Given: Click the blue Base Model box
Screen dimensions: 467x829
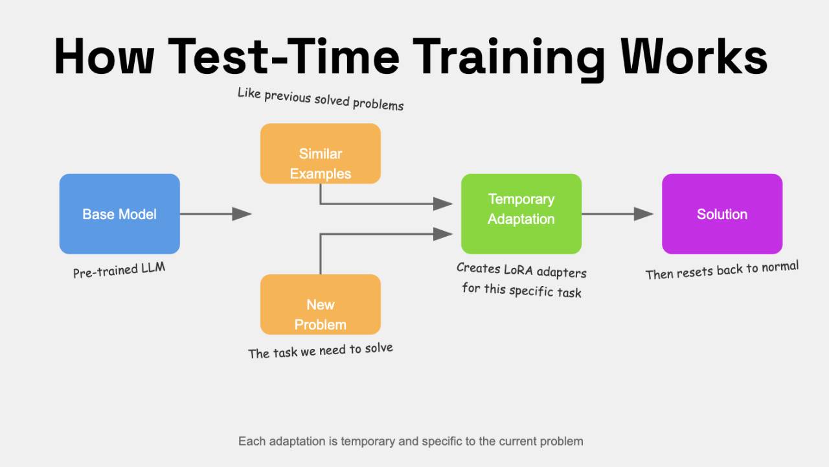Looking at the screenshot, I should tap(119, 213).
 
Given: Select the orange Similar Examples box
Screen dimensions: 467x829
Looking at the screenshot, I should tap(320, 154).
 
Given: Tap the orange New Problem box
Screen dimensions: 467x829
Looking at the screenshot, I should tap(320, 304).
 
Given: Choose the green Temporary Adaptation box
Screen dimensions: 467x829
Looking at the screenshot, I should tap(521, 213).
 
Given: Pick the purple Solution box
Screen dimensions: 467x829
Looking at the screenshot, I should tap(721, 213).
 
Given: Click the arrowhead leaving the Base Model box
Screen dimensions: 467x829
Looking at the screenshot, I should tap(242, 213).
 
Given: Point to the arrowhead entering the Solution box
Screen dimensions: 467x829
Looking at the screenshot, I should tap(643, 213).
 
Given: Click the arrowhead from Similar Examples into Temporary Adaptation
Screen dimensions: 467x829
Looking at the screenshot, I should tap(442, 204).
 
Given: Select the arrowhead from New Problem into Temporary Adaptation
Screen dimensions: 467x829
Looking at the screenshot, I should tap(442, 233).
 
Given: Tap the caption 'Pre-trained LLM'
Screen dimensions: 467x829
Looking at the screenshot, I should tap(119, 270).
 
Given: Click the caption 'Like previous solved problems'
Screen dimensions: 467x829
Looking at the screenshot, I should tap(320, 99).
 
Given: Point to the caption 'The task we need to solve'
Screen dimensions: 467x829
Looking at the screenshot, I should tap(320, 351).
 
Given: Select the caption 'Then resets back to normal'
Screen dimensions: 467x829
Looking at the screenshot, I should tap(721, 270).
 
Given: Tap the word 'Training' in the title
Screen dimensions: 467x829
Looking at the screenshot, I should tap(511, 56).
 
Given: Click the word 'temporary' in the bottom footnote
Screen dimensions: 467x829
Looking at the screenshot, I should tap(376, 441).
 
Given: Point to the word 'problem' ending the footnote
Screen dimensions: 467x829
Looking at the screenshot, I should tap(561, 441).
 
